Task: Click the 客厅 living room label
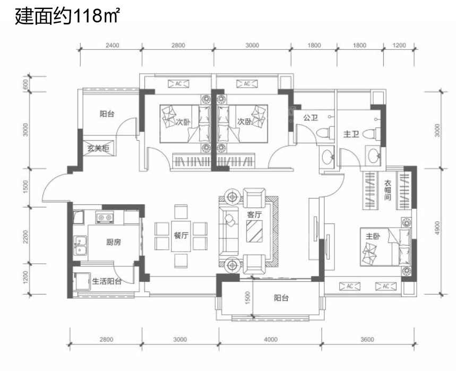click(x=254, y=214)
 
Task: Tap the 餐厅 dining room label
click(x=181, y=235)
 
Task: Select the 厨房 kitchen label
click(x=114, y=242)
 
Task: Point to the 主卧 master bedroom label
click(x=373, y=236)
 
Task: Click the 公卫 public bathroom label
click(x=311, y=117)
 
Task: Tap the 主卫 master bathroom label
click(x=351, y=134)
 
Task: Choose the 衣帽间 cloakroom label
click(x=388, y=190)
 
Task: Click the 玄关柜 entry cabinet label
click(x=98, y=148)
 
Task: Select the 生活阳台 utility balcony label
click(x=107, y=281)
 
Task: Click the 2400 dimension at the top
click(x=112, y=45)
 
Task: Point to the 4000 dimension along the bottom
click(x=270, y=339)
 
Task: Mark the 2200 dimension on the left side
click(x=26, y=237)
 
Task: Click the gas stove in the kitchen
click(x=105, y=218)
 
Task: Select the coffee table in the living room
click(x=254, y=231)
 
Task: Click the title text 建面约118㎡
click(x=67, y=16)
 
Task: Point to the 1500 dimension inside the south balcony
click(x=247, y=298)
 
